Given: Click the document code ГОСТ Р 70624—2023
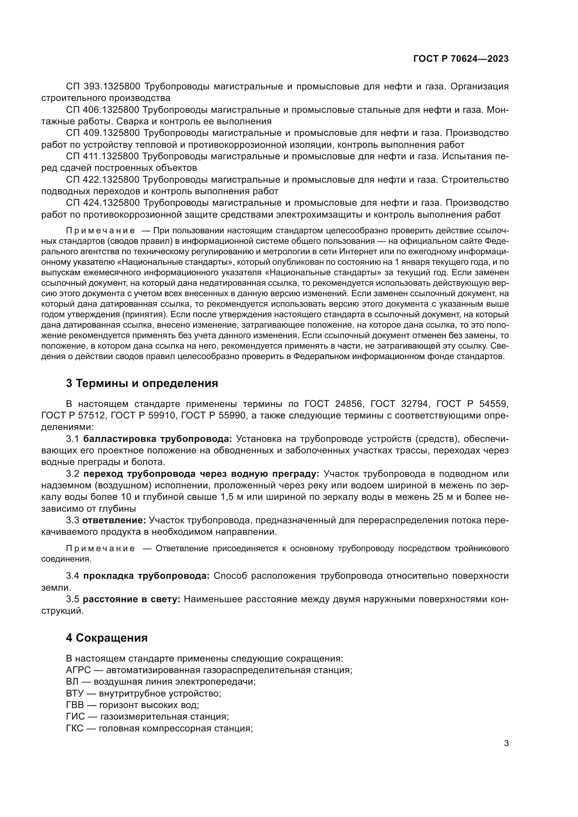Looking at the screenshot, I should coord(461,59).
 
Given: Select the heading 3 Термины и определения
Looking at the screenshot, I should coord(142,383).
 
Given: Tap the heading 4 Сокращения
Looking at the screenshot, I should coord(107,638).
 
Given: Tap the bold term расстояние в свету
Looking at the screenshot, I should coord(131,599).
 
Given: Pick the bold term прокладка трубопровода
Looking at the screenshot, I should coord(146,576).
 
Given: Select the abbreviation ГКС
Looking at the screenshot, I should coord(74,728).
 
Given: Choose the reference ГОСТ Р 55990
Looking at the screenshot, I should coord(214,415).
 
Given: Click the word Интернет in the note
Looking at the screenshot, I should coord(358,251).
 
